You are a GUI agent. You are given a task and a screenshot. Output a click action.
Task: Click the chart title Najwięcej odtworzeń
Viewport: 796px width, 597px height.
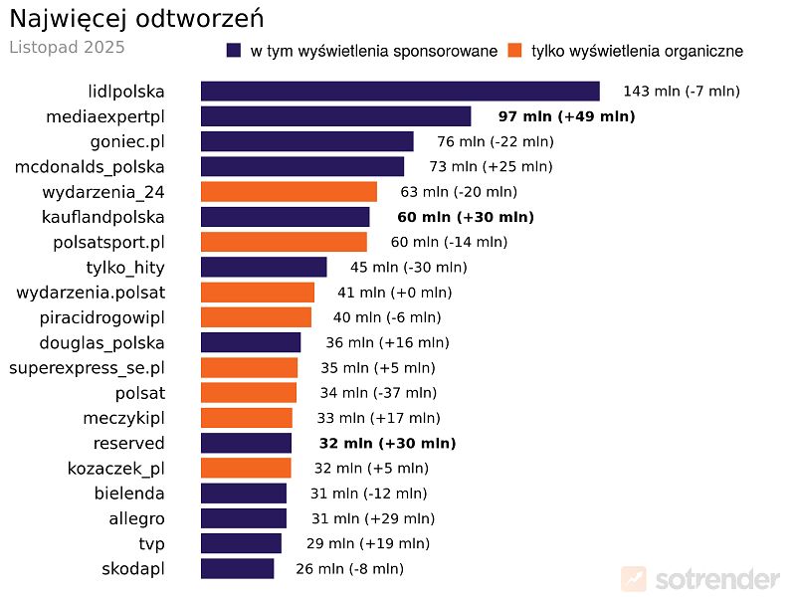click(136, 19)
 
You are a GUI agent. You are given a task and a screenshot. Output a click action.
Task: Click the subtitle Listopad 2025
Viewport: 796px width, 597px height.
click(67, 47)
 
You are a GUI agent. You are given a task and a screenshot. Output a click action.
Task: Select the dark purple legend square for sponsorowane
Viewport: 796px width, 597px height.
click(235, 51)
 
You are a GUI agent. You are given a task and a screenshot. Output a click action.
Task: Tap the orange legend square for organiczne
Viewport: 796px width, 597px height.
click(514, 51)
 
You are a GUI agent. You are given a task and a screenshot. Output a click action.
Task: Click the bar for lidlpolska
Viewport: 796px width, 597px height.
click(400, 92)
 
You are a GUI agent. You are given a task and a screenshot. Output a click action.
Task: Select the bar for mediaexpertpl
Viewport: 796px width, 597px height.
click(335, 116)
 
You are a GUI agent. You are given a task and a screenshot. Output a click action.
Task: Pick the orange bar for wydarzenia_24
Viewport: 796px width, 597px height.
click(289, 192)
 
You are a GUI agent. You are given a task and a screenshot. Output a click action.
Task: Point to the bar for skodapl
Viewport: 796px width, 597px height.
click(237, 569)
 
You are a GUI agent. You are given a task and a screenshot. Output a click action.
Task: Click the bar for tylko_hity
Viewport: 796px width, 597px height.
click(264, 267)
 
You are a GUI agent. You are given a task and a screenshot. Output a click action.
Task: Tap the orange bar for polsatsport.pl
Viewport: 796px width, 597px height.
click(284, 242)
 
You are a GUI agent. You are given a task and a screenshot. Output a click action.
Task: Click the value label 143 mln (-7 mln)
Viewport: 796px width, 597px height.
click(682, 92)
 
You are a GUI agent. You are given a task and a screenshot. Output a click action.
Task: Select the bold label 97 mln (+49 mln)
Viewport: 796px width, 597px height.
click(566, 116)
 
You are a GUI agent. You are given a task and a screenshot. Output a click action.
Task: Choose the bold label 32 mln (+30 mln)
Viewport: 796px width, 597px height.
click(387, 444)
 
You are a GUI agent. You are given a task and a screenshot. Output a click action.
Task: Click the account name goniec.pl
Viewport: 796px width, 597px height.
click(127, 141)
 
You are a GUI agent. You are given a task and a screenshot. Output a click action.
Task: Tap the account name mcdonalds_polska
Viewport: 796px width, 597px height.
click(90, 166)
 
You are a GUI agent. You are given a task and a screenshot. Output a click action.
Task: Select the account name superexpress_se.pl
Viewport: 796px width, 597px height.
click(87, 368)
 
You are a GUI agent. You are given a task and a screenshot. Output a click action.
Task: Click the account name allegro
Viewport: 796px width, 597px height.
click(136, 518)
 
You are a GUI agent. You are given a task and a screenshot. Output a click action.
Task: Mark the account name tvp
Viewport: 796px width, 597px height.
click(151, 544)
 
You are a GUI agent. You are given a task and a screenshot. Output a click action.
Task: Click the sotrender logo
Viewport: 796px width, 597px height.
click(700, 579)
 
